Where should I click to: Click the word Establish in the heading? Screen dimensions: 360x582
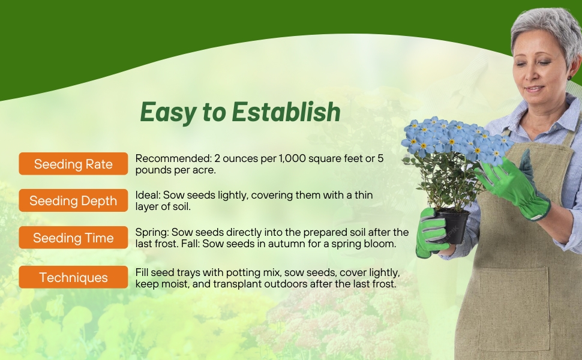(286, 112)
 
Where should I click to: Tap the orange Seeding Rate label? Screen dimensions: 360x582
(73, 164)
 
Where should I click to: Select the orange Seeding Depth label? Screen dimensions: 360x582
(73, 201)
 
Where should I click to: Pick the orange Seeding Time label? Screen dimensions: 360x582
(73, 238)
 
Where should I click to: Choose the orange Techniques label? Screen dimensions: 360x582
(73, 278)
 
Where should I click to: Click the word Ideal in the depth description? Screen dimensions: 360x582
(148, 195)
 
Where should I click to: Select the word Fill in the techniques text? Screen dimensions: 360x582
(143, 272)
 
